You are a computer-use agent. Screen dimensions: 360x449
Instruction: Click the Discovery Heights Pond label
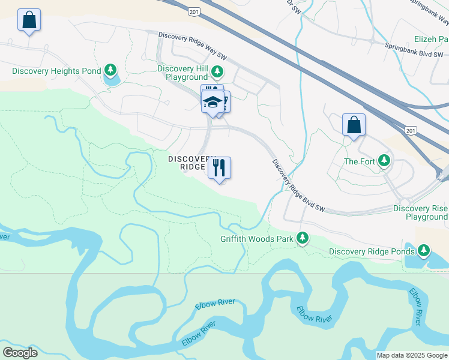pyautogui.click(x=56, y=71)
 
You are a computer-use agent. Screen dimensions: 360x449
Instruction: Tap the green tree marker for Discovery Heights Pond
pyautogui.click(x=110, y=71)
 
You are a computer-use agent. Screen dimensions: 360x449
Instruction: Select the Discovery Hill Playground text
pyautogui.click(x=182, y=73)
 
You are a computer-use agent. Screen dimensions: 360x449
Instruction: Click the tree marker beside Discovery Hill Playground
pyautogui.click(x=217, y=73)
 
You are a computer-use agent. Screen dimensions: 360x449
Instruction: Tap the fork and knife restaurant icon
pyautogui.click(x=219, y=167)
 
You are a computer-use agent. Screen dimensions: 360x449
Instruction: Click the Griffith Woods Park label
pyautogui.click(x=256, y=239)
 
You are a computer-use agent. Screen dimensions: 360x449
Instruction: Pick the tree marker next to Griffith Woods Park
pyautogui.click(x=303, y=239)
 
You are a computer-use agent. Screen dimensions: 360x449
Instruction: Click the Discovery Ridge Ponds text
pyautogui.click(x=371, y=251)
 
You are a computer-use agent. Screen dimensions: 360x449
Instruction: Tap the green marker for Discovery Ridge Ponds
pyautogui.click(x=424, y=250)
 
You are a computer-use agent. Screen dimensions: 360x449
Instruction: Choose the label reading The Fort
pyautogui.click(x=359, y=161)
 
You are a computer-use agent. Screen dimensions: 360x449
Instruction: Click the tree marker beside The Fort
pyautogui.click(x=384, y=161)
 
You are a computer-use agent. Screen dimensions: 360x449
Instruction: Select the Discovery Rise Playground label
pyautogui.click(x=420, y=212)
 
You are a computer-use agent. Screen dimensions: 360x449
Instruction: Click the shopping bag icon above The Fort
pyautogui.click(x=354, y=125)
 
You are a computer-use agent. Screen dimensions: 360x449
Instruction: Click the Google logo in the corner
pyautogui.click(x=20, y=353)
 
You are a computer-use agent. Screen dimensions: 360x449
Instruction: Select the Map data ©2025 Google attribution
pyautogui.click(x=412, y=355)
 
